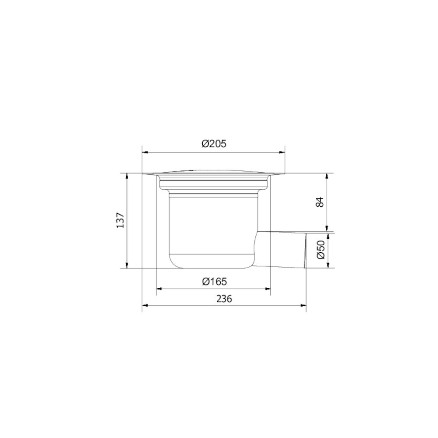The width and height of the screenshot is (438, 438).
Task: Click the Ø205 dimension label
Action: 214,144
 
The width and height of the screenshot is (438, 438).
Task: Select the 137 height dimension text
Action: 120,220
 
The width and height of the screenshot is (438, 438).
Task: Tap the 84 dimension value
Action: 320,201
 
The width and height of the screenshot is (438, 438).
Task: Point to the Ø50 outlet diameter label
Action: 321,250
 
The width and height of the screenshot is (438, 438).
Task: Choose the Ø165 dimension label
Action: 215,281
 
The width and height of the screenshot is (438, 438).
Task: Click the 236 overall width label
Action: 224,299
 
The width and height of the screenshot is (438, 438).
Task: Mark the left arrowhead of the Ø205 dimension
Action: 145,152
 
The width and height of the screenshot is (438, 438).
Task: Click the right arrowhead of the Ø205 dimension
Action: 282,152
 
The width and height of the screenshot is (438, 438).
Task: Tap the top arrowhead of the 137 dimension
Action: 127,176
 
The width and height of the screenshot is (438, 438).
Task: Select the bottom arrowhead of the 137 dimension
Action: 127,265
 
